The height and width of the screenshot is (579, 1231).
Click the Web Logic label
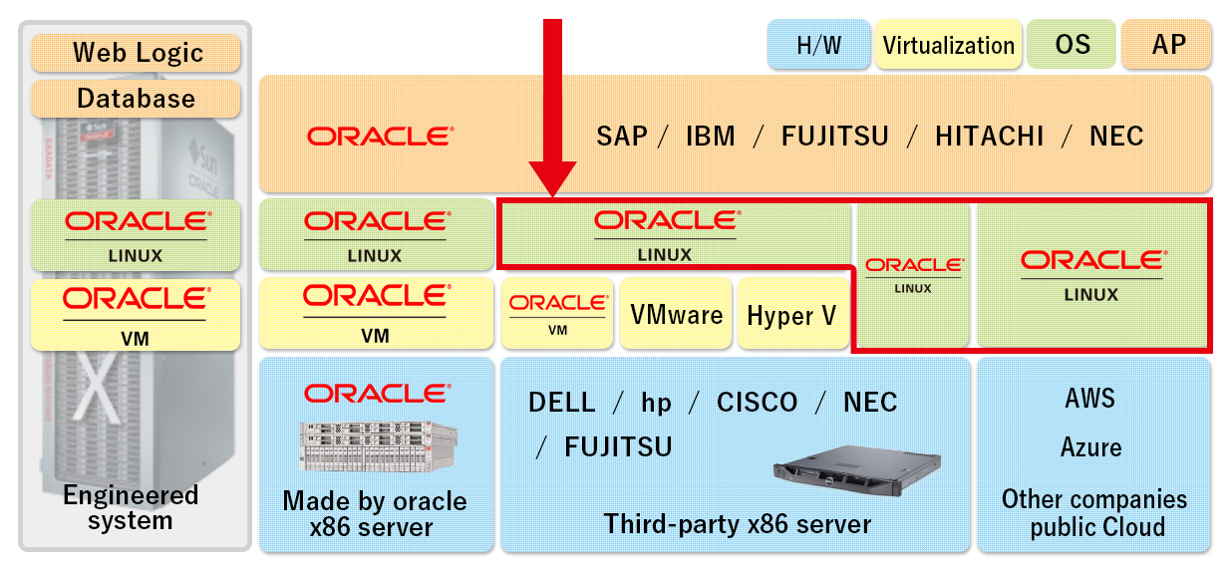coord(137,52)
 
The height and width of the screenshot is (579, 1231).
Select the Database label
coord(137,99)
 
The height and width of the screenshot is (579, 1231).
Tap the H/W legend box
coord(818,46)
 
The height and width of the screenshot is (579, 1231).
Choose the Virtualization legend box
coord(948,46)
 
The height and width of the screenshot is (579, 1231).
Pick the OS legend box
coord(1073,46)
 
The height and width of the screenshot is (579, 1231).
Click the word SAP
coord(622,136)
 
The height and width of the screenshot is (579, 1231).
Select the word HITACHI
coord(989,136)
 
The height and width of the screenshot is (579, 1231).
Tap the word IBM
coord(710,136)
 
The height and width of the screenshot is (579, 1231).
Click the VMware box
coord(676,315)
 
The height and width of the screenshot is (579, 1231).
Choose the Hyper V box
coord(791,315)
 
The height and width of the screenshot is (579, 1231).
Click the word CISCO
coord(757,403)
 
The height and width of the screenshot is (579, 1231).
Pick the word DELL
coord(561,403)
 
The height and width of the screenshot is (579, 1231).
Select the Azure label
coord(1090,447)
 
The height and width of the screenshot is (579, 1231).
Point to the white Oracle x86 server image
coord(377,445)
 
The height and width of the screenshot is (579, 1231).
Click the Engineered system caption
coord(131,507)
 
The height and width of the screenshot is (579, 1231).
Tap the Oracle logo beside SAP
coord(380,136)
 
